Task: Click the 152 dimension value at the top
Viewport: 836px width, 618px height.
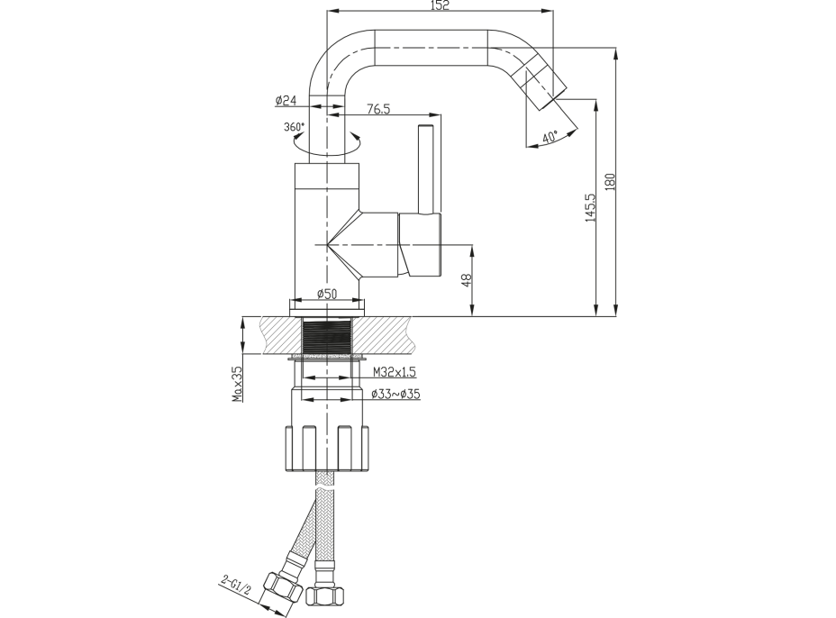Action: point(441,5)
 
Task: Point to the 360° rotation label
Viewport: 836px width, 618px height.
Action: point(295,127)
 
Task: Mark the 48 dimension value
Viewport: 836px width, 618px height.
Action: point(466,280)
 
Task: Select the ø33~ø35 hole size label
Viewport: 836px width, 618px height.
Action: point(395,394)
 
